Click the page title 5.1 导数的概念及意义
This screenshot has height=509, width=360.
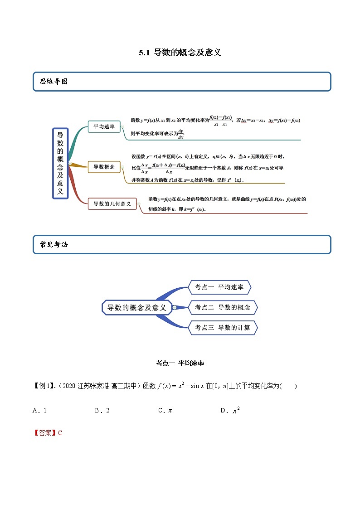(180, 53)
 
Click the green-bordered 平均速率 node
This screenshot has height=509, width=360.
(104, 127)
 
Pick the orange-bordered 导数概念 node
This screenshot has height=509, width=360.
(104, 167)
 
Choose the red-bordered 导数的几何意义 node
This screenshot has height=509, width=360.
(112, 204)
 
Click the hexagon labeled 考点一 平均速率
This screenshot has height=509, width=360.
(219, 287)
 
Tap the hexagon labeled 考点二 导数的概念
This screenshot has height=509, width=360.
(222, 307)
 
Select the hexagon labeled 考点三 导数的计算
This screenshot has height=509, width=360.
(222, 328)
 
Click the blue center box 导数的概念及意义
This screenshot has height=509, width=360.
(136, 308)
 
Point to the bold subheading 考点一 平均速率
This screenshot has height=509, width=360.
(180, 363)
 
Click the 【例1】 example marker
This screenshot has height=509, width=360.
(44, 386)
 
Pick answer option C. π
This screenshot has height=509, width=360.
(165, 411)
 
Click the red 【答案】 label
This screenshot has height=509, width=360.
(44, 433)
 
